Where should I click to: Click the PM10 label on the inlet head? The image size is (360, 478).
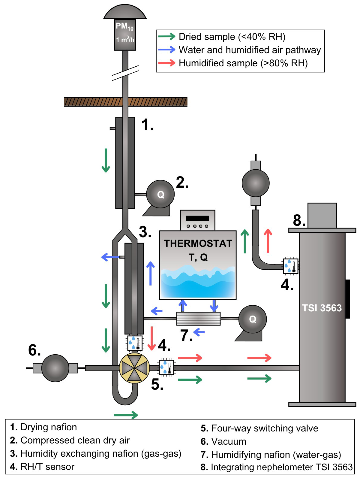(124, 27)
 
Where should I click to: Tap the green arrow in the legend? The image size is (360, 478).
(166, 37)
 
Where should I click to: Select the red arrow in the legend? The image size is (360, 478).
(166, 63)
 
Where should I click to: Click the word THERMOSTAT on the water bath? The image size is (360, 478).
(198, 244)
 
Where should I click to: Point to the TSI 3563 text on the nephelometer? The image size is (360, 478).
(322, 308)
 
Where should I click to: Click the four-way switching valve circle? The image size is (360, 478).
(134, 368)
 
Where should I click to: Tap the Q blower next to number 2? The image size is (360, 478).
(160, 194)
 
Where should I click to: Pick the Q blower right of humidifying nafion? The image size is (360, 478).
(252, 319)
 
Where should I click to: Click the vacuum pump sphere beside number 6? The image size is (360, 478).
(55, 368)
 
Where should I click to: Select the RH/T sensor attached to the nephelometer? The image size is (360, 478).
(291, 266)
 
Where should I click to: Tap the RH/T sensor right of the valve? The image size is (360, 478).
(166, 367)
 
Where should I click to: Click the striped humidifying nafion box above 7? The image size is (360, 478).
(198, 319)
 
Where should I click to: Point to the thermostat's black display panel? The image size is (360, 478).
(197, 218)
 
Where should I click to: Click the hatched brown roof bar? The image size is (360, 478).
(126, 102)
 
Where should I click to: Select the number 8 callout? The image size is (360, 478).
(299, 220)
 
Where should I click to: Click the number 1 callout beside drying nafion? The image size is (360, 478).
(147, 125)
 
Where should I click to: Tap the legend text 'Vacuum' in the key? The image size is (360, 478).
(229, 441)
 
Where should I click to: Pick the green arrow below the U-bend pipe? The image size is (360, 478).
(126, 415)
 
